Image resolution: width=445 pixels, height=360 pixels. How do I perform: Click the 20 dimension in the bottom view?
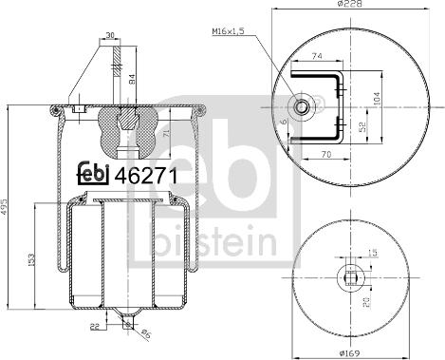tap(362, 303)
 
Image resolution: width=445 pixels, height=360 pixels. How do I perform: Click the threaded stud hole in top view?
tap(304, 107)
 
